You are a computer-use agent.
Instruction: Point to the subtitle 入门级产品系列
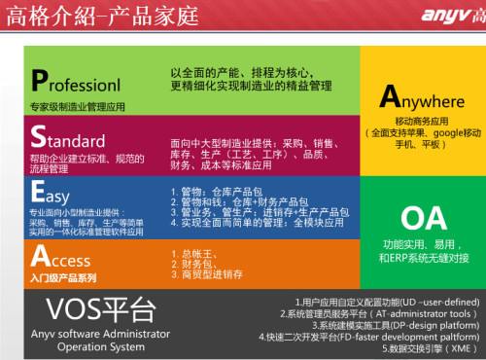[x=64, y=279]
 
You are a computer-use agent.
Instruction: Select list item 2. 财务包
[x=194, y=266]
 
